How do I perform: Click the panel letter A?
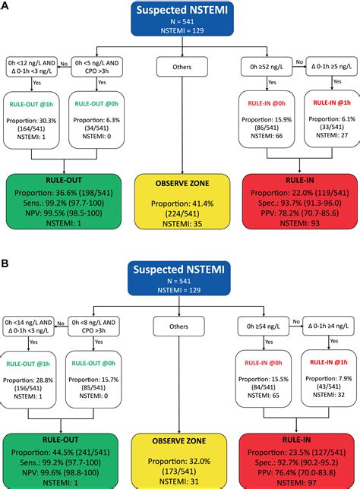tap(6, 6)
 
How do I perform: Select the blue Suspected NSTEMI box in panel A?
tap(179, 17)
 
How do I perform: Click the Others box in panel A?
tap(179, 67)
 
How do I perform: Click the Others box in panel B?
tap(179, 327)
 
